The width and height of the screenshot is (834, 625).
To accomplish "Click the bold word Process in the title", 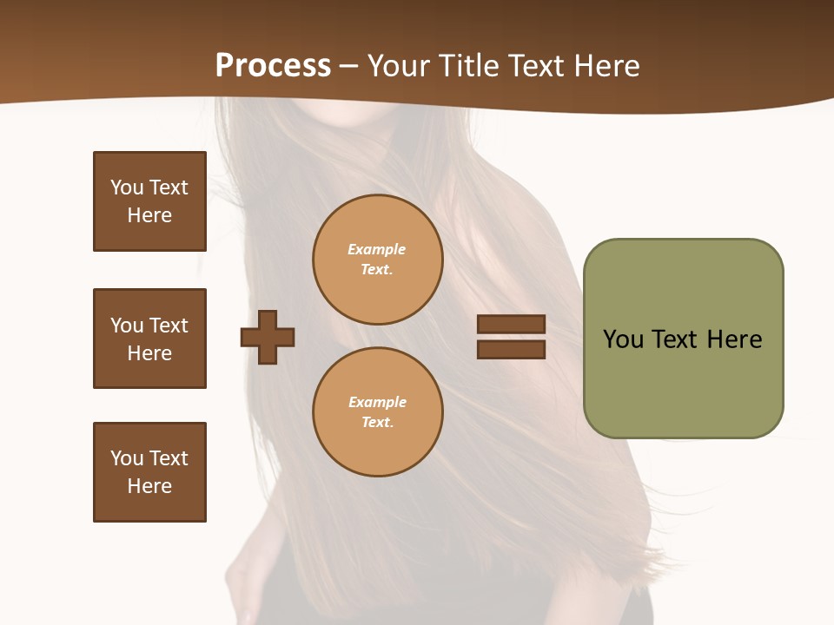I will point(273,66).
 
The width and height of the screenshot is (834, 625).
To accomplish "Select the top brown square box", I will point(149,201).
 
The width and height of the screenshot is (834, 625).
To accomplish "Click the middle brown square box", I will point(149,339).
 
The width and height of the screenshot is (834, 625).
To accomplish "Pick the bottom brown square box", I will point(149,472).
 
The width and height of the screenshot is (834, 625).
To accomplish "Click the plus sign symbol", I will point(268,337).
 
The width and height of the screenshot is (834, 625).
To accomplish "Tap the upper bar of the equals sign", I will point(511,325).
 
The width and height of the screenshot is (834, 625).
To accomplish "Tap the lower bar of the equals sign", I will point(511,349).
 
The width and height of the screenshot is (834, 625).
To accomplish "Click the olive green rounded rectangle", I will point(683,382).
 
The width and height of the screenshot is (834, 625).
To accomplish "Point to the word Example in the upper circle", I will point(377,249).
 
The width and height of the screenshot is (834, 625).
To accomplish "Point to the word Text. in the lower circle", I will point(377,422).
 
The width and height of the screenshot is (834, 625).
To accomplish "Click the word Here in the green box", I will point(734,339).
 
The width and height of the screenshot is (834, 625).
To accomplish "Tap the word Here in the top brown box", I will point(149,215).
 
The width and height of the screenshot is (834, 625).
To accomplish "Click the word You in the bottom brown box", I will point(127,458).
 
